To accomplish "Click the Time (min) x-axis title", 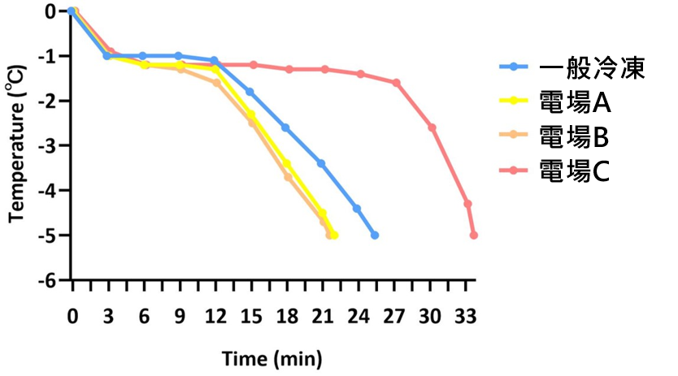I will [273, 357].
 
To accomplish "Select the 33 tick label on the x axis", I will [467, 314].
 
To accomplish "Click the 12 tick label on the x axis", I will [214, 314].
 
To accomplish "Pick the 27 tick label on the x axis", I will [396, 314].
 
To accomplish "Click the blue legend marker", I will [514, 67].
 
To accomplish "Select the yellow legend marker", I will [514, 101].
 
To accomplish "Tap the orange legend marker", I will [514, 135].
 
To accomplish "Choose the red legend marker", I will [514, 170].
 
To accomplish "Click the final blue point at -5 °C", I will [374, 235].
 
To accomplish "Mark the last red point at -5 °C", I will [474, 235].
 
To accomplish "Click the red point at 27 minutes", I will [396, 83].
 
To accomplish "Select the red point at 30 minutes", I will [432, 127].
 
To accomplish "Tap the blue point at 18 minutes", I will [285, 127].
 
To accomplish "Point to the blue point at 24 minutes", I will [357, 208].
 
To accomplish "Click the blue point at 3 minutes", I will [107, 56].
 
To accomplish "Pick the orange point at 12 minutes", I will [216, 83].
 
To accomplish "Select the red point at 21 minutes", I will [324, 69].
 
